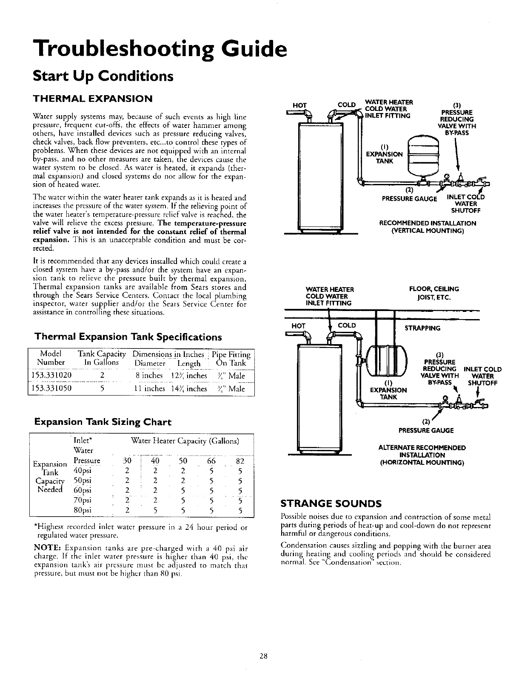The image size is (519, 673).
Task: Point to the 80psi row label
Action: coord(83,510)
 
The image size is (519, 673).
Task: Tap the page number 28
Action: coord(263,656)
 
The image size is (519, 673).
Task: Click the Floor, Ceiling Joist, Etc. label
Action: coord(434,293)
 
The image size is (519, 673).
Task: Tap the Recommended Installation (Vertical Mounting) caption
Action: coord(427,227)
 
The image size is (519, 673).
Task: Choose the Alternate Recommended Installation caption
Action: coord(422,455)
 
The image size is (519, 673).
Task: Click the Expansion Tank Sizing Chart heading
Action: coord(103,422)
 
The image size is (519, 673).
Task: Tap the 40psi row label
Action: coord(83,470)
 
